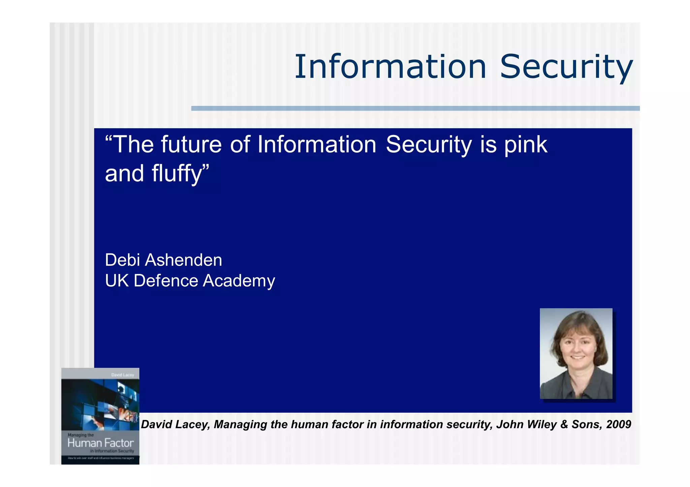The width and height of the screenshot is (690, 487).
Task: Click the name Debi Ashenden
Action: pyautogui.click(x=163, y=260)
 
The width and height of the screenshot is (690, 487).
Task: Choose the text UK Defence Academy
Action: pyautogui.click(x=190, y=281)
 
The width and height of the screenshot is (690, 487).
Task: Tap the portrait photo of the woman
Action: pyautogui.click(x=576, y=353)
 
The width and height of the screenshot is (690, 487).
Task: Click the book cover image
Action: pyautogui.click(x=100, y=416)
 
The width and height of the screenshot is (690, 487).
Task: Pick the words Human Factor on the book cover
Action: pyautogui.click(x=100, y=443)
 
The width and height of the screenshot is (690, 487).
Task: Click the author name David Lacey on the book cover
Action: pyautogui.click(x=123, y=375)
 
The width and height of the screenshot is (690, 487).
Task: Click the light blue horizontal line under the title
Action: pyautogui.click(x=415, y=108)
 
